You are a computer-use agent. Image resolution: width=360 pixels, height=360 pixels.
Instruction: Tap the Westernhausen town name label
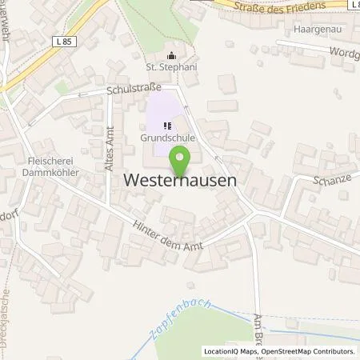coord(181,182)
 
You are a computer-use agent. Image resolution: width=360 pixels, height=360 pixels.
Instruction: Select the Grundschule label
coord(169,137)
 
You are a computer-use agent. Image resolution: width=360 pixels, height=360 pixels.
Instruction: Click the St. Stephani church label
coord(171,68)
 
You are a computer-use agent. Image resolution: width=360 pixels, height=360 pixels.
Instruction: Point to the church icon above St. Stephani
coord(171,56)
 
